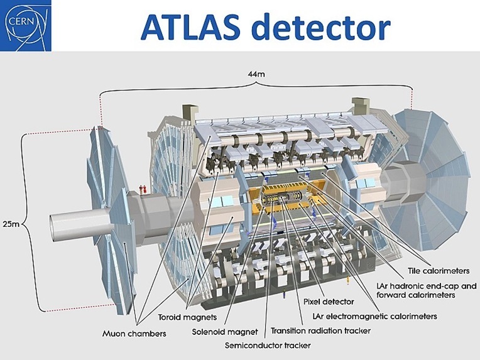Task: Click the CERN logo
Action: coord(25,25)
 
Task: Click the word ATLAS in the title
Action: coord(190,26)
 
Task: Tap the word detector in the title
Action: coord(321,26)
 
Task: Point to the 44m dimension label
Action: coord(256,74)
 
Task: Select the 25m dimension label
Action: coord(11,224)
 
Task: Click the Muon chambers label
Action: coord(134,334)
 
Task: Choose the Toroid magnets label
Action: coord(187,317)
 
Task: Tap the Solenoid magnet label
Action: coord(225,332)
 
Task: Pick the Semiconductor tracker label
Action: coord(268,346)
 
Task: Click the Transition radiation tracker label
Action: coord(320,331)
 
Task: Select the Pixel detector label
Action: coord(329,302)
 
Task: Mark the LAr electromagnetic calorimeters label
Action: coord(374,316)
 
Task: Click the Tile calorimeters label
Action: coord(439,271)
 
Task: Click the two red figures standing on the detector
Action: coord(143,190)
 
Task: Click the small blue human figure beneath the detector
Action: coord(284,294)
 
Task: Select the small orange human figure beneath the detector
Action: coord(347,280)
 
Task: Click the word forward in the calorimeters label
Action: coord(390,295)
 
